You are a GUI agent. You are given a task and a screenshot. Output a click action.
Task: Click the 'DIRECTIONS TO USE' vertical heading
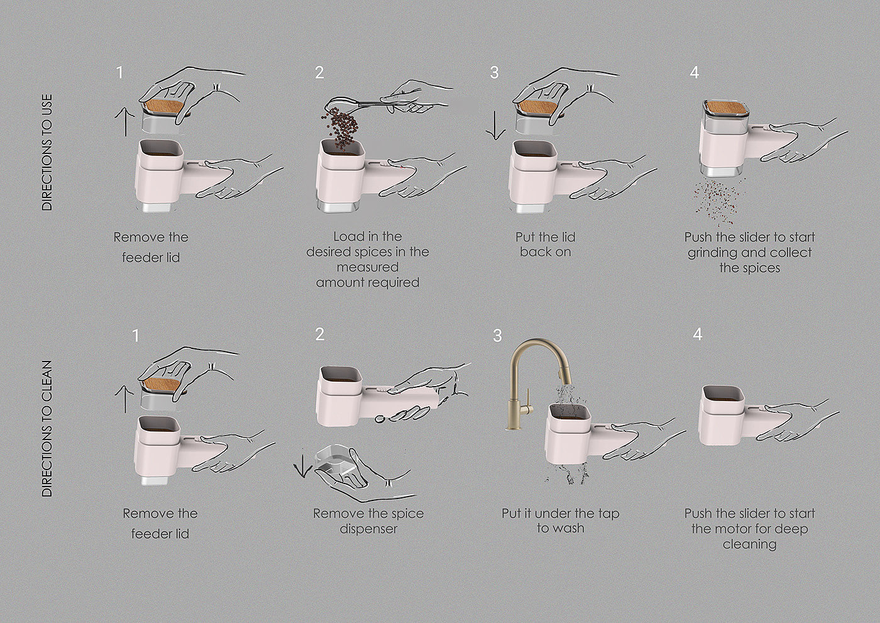point(47,152)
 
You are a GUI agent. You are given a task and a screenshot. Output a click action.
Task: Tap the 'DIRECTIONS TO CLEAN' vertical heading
point(47,429)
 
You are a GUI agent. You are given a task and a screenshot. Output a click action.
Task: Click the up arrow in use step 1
point(125,122)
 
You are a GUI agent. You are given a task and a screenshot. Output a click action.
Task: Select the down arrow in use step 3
point(495,125)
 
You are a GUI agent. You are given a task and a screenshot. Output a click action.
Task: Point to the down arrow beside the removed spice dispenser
point(302,466)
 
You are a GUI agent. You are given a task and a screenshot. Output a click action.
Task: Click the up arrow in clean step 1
point(124,399)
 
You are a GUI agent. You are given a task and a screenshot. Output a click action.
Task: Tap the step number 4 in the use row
point(694,73)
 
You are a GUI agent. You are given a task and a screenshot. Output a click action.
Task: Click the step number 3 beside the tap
point(497,336)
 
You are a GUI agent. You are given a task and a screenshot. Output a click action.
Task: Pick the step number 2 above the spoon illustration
point(319,73)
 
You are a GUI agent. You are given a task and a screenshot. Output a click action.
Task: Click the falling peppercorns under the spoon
point(340,126)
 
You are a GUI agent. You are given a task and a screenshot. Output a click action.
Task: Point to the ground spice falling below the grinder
point(717,202)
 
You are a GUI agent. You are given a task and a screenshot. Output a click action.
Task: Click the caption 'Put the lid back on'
point(546,245)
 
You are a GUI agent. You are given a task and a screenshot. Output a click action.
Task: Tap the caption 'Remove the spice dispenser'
point(368,521)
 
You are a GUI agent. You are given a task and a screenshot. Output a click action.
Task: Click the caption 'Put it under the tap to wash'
point(560,521)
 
